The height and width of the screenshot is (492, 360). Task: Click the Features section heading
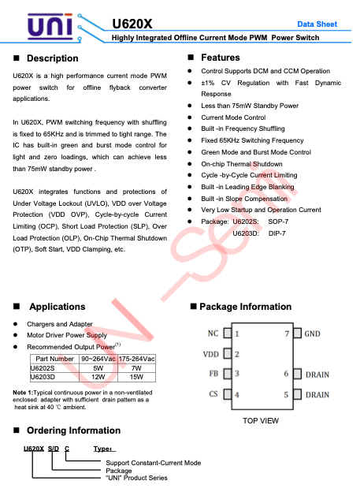click(x=221, y=58)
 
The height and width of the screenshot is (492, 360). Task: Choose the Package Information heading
click(x=245, y=307)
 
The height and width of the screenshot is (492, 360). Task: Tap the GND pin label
click(x=313, y=334)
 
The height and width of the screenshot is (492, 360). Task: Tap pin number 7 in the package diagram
click(x=287, y=334)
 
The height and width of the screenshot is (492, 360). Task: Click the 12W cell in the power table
click(x=98, y=377)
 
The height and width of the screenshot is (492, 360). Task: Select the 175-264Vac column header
click(x=136, y=359)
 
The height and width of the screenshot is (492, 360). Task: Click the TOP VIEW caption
click(x=260, y=421)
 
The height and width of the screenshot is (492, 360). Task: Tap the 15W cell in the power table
click(x=136, y=377)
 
